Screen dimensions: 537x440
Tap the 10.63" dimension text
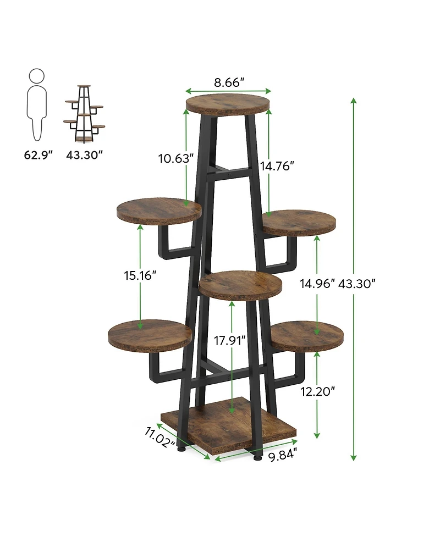tap(176, 159)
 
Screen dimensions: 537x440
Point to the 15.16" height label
tap(140, 275)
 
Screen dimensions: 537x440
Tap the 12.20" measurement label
tap(317, 391)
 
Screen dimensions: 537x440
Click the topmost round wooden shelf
tap(228, 104)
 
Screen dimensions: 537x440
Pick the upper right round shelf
tap(299, 222)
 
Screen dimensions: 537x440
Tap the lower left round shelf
tap(150, 335)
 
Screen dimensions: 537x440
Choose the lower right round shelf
tap(307, 335)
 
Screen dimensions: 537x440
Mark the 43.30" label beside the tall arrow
tap(358, 284)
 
